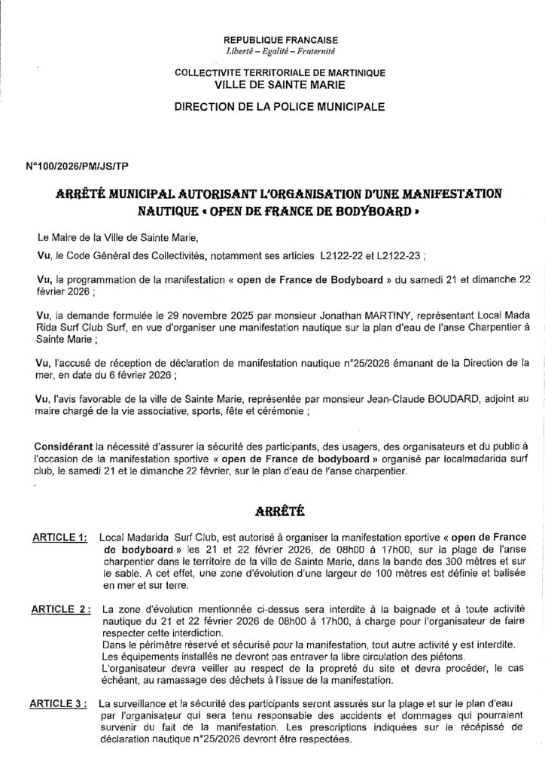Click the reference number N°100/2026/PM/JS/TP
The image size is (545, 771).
point(76,162)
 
